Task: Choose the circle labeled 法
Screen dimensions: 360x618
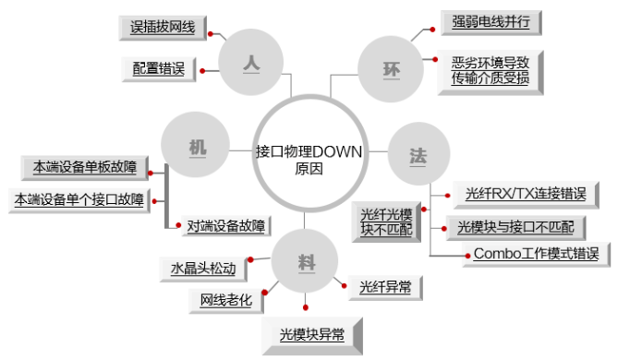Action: pyautogui.click(x=418, y=153)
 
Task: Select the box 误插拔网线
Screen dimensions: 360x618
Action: pyautogui.click(x=164, y=28)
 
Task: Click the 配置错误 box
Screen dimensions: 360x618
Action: pyautogui.click(x=159, y=68)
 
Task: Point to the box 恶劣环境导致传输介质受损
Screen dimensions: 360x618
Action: pyautogui.click(x=491, y=70)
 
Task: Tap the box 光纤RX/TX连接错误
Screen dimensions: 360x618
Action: pyautogui.click(x=526, y=194)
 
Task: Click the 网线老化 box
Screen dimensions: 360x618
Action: pyautogui.click(x=225, y=299)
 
